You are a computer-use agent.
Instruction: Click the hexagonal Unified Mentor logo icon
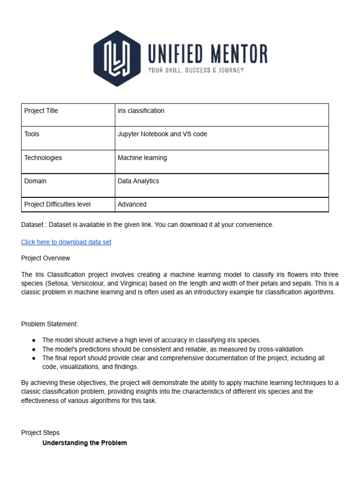click(x=117, y=58)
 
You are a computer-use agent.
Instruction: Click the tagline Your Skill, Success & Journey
click(x=196, y=70)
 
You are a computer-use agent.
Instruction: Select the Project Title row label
click(x=41, y=111)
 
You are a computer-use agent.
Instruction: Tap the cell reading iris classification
click(x=141, y=111)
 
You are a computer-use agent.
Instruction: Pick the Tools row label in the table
click(x=32, y=134)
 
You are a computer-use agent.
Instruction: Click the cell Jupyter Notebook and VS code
click(x=162, y=134)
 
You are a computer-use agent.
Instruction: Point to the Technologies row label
click(x=43, y=158)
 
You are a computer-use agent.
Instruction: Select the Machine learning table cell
click(x=142, y=158)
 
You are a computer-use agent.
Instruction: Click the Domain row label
click(x=35, y=181)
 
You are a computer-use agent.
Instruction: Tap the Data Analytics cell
click(x=138, y=181)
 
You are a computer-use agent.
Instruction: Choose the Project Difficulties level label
click(x=57, y=204)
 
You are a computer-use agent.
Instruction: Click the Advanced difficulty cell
click(x=132, y=204)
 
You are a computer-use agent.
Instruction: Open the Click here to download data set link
click(x=66, y=242)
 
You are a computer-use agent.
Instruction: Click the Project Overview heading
click(x=45, y=258)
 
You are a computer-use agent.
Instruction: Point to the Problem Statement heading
click(x=50, y=324)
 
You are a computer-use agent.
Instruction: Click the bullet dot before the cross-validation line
click(x=34, y=349)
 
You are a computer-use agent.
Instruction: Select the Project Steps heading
click(x=40, y=433)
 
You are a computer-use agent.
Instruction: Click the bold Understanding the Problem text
click(x=84, y=443)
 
